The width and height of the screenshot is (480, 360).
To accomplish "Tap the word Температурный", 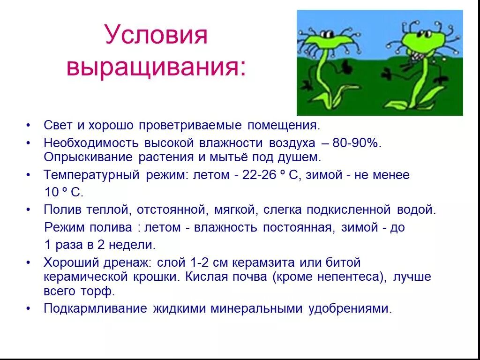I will pyautogui.click(x=92, y=175).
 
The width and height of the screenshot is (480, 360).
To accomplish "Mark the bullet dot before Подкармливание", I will pyautogui.click(x=29, y=308).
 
